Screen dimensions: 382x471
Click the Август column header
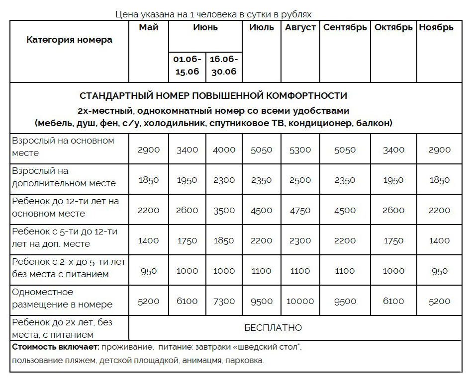[300, 28]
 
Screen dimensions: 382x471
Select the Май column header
[149, 28]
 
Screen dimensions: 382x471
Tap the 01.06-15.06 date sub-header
[187, 65]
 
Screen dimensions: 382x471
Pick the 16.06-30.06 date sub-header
[224, 65]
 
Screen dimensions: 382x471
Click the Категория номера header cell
[69, 40]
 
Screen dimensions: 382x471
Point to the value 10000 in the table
[300, 301]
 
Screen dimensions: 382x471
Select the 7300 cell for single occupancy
[224, 301]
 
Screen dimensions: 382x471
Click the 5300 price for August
[300, 150]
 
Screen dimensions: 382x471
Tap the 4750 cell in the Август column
[300, 210]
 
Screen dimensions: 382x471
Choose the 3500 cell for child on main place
[224, 210]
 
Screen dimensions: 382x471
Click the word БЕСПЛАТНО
[273, 328]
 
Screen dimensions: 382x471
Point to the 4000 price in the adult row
[224, 150]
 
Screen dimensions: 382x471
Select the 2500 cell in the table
[300, 180]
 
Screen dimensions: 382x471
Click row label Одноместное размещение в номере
[63, 298]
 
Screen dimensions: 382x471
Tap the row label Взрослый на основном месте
[63, 147]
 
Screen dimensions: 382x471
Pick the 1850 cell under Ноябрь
[439, 180]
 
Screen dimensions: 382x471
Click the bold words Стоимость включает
[55, 347]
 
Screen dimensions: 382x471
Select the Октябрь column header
[393, 28]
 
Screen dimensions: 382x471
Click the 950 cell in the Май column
[149, 271]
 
